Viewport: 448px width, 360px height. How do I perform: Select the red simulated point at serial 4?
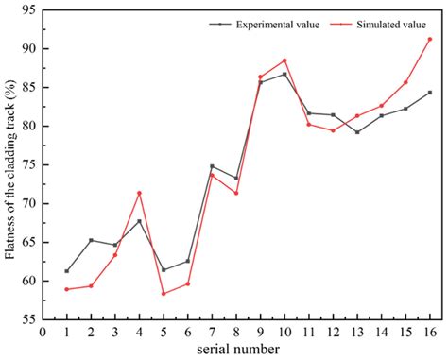[140, 193]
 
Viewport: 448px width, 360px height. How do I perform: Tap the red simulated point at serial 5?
[164, 294]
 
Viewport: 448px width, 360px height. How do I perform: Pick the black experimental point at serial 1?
[66, 271]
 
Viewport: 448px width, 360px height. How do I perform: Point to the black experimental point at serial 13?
[357, 132]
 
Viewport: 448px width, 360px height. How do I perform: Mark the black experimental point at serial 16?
[430, 93]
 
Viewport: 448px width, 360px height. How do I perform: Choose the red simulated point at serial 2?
[91, 285]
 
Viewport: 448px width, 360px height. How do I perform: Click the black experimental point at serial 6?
[188, 261]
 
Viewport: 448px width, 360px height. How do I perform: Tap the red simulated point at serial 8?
[236, 193]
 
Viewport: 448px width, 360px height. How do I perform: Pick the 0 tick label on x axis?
[43, 333]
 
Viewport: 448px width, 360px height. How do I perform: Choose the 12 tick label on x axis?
[333, 333]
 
